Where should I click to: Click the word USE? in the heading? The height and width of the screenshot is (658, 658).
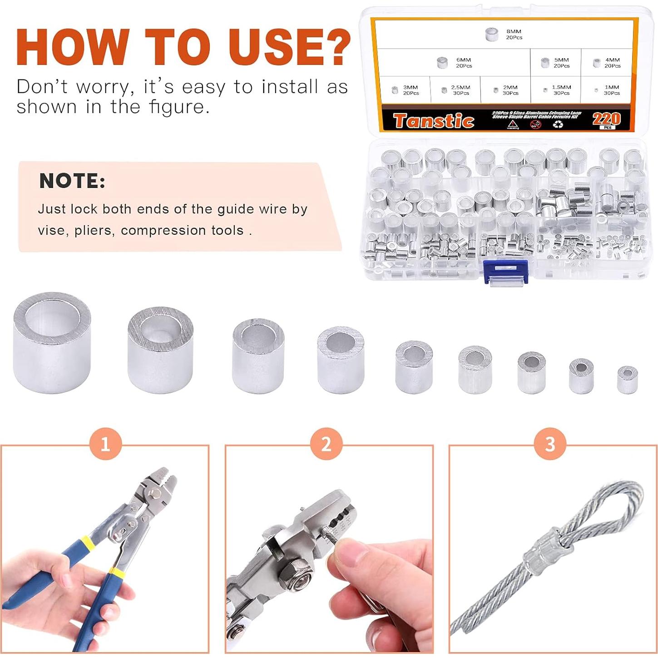point(289,47)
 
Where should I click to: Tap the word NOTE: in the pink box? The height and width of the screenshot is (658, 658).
point(72,181)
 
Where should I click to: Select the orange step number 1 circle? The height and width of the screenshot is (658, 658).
point(105,444)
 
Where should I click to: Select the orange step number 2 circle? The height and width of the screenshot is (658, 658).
point(327,444)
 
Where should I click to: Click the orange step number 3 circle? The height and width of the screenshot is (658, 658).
point(550,444)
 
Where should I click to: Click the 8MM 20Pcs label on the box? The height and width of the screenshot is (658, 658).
point(514,35)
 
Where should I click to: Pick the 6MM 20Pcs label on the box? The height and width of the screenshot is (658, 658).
point(463,63)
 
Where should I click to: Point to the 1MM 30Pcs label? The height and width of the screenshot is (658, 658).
point(611,90)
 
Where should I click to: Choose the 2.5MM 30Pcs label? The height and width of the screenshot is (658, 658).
point(460,90)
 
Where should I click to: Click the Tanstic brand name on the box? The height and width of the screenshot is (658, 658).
point(434,121)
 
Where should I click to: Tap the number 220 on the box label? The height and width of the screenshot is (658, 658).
point(606,119)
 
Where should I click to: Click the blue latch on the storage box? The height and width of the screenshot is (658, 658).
point(506,272)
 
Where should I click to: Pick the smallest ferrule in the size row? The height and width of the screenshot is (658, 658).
point(627,380)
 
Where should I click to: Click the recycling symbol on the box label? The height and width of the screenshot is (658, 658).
point(558,124)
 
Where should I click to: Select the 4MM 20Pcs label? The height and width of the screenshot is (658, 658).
point(612,63)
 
